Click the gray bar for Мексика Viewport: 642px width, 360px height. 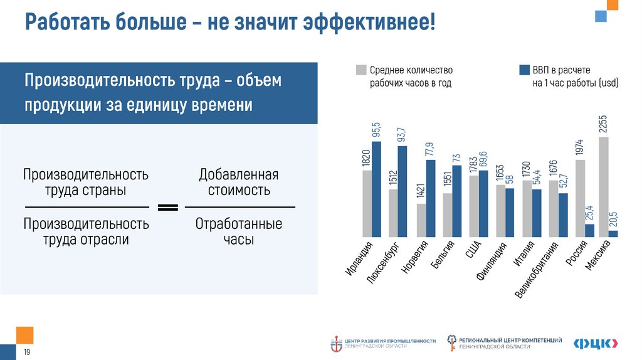click(x=604, y=187)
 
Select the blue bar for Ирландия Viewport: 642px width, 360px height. click(x=376, y=189)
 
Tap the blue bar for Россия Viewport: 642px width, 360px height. click(x=589, y=230)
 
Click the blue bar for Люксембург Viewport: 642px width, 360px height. click(x=403, y=191)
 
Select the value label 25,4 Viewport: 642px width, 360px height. click(x=590, y=213)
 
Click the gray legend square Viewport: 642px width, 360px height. click(x=360, y=70)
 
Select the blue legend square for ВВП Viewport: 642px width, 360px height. click(x=524, y=70)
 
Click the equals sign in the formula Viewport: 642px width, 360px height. click(x=167, y=207)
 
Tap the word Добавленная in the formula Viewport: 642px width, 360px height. click(x=238, y=175)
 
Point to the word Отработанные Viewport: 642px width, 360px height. click(x=239, y=224)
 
